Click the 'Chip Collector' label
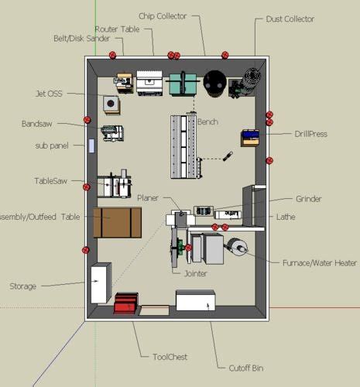coord(163,15)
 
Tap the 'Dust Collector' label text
coord(290,19)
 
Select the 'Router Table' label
coord(117,29)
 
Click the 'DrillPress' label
coord(310,134)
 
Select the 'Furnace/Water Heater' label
coord(319,263)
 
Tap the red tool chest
coord(125,303)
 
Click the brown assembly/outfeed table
coord(118,222)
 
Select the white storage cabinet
coord(101,283)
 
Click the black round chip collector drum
coord(214,81)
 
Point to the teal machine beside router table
coord(183,83)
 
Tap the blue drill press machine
coord(249,137)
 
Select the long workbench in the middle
coord(184,145)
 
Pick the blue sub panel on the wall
coord(92,146)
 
